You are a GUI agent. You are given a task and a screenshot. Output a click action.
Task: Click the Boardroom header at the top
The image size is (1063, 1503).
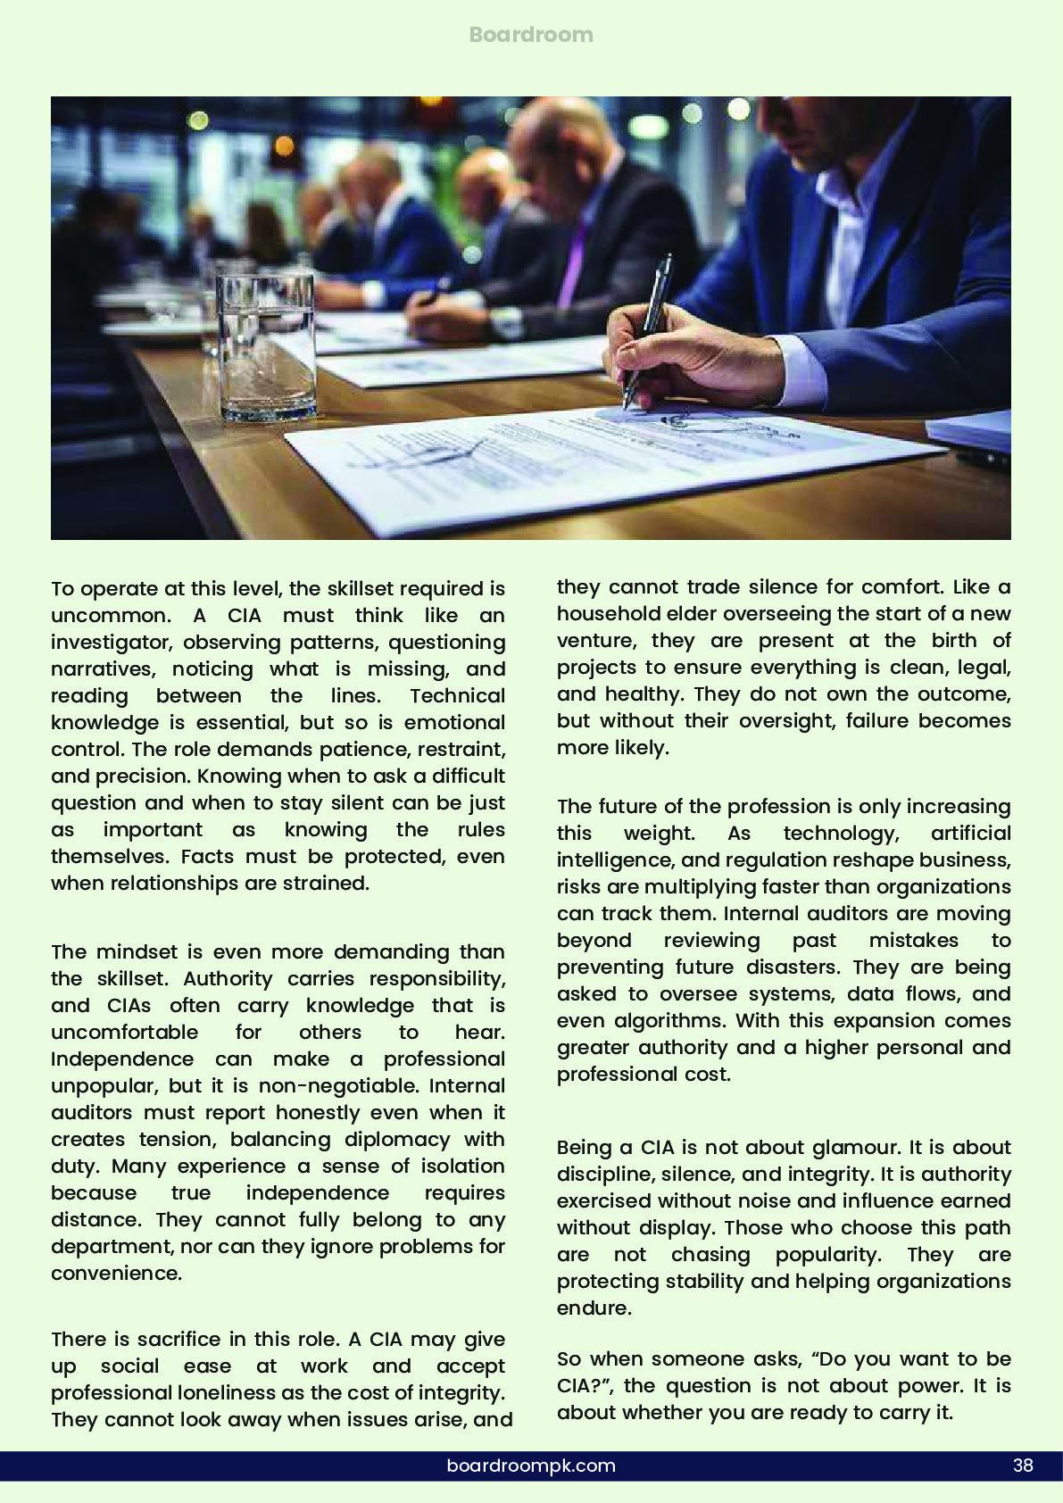coord(531,35)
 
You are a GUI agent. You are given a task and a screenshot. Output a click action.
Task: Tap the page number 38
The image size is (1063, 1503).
coord(1023,1465)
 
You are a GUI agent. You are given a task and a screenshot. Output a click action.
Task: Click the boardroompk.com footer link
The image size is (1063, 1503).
coord(531,1465)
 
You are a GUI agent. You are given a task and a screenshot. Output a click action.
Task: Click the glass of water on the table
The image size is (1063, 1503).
coord(266,347)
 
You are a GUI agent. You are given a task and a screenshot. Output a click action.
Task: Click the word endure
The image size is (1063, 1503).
coord(594,1308)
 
